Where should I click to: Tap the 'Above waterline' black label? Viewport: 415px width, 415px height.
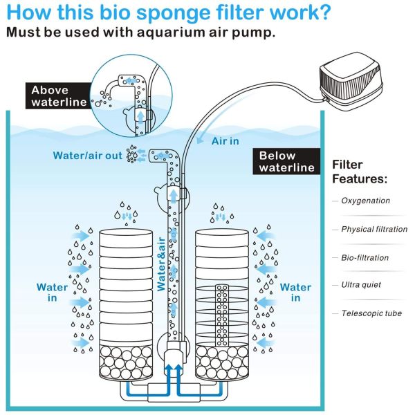click(x=59, y=97)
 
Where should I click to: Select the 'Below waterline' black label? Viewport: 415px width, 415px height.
click(x=286, y=161)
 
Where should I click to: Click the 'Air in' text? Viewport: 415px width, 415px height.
click(x=227, y=140)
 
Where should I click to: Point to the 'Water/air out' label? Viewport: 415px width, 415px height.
click(x=89, y=156)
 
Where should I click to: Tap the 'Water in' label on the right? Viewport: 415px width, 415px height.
click(x=295, y=293)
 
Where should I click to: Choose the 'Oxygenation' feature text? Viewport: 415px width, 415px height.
click(x=365, y=201)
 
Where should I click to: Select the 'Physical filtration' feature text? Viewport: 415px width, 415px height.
click(x=374, y=229)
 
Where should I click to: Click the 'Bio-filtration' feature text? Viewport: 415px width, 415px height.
click(x=365, y=257)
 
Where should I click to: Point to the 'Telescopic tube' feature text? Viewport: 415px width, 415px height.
click(x=371, y=313)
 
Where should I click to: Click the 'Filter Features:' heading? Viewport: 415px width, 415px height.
click(x=360, y=172)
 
